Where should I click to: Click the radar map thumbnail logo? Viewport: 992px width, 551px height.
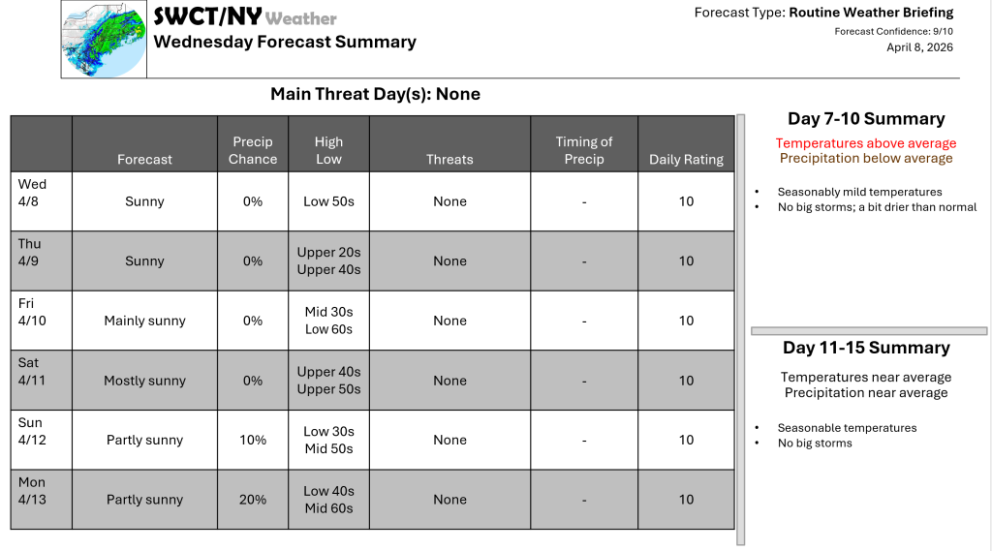[x=104, y=39]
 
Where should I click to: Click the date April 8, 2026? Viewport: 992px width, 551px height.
[x=919, y=47]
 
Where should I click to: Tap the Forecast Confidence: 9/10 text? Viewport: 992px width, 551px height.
[x=893, y=31]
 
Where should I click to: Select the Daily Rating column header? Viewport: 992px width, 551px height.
[x=686, y=159]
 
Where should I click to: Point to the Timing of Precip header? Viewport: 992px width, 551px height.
[x=584, y=150]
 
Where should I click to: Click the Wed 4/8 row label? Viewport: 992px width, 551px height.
[x=33, y=193]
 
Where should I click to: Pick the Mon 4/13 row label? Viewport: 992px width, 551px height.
[x=33, y=491]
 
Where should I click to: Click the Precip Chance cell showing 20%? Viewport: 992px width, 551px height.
[x=253, y=500]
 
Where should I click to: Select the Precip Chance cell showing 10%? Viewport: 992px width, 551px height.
[x=253, y=440]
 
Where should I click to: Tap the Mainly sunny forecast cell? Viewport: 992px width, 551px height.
[x=144, y=321]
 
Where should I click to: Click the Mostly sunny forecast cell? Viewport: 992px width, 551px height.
[x=144, y=381]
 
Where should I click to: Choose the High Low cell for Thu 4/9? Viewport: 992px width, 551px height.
[x=328, y=260]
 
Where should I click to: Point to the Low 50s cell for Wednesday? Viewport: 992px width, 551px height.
[x=328, y=201]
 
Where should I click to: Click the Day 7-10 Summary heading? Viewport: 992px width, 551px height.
[x=866, y=119]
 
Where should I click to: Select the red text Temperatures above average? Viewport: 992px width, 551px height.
[x=866, y=143]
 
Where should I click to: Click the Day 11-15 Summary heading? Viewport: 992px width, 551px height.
[x=866, y=348]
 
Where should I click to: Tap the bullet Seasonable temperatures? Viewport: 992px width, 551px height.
[x=847, y=428]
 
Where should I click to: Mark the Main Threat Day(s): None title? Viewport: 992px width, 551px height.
[x=375, y=94]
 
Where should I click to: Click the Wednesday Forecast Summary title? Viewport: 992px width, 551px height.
[x=285, y=42]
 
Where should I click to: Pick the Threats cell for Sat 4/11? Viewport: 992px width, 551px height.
[x=449, y=381]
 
